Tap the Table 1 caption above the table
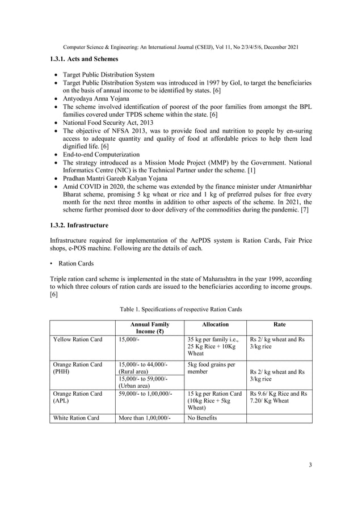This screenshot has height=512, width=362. [x=180, y=310]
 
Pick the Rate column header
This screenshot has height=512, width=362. [x=279, y=324]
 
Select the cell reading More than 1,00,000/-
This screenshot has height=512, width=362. [x=144, y=418]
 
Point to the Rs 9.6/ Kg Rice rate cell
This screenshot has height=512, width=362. [x=279, y=397]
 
